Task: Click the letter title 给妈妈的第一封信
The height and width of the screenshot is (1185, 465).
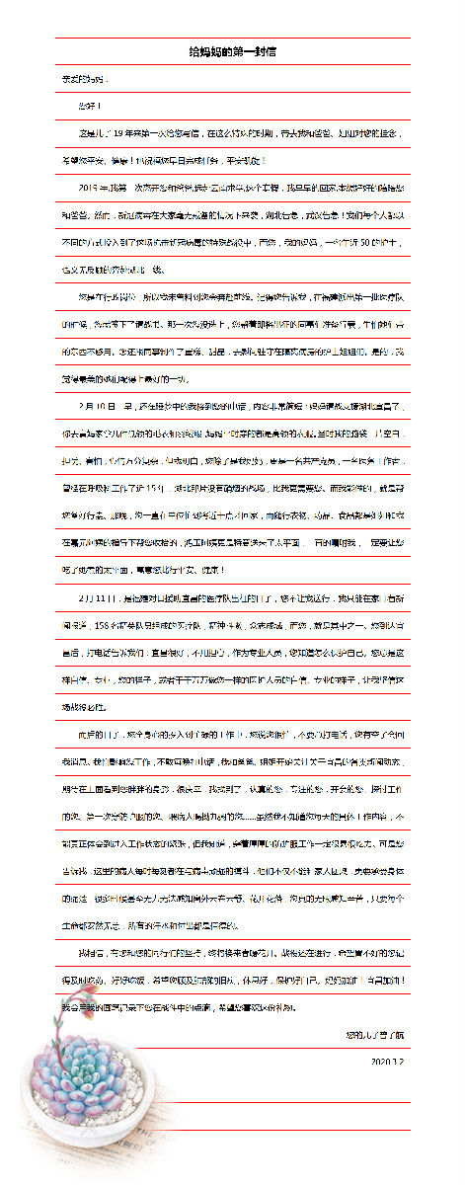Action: pos(233,51)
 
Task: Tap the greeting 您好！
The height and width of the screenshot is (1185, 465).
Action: pos(90,105)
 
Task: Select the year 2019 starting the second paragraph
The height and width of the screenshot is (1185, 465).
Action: pos(91,185)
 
